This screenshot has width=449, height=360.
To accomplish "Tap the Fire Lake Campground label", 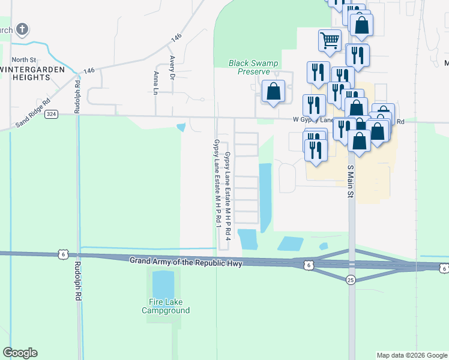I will (x=166, y=306).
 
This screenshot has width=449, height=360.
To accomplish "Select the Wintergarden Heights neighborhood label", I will (x=25, y=74).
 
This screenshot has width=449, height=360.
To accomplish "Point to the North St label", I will (x=24, y=59).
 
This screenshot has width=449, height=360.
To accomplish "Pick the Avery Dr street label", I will (x=172, y=68).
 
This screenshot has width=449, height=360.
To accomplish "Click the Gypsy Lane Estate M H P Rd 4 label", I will (x=228, y=200).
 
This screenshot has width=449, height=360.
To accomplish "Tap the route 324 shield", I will (x=52, y=115).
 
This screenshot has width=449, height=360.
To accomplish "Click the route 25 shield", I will (x=351, y=279).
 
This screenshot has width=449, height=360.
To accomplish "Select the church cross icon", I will (x=22, y=29).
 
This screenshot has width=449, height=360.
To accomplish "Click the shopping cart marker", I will (x=330, y=40).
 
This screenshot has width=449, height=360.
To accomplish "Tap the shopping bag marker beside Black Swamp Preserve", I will (x=274, y=92).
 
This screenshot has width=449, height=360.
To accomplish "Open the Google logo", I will (x=20, y=353).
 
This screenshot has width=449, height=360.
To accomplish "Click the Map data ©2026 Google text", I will (x=411, y=355).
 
